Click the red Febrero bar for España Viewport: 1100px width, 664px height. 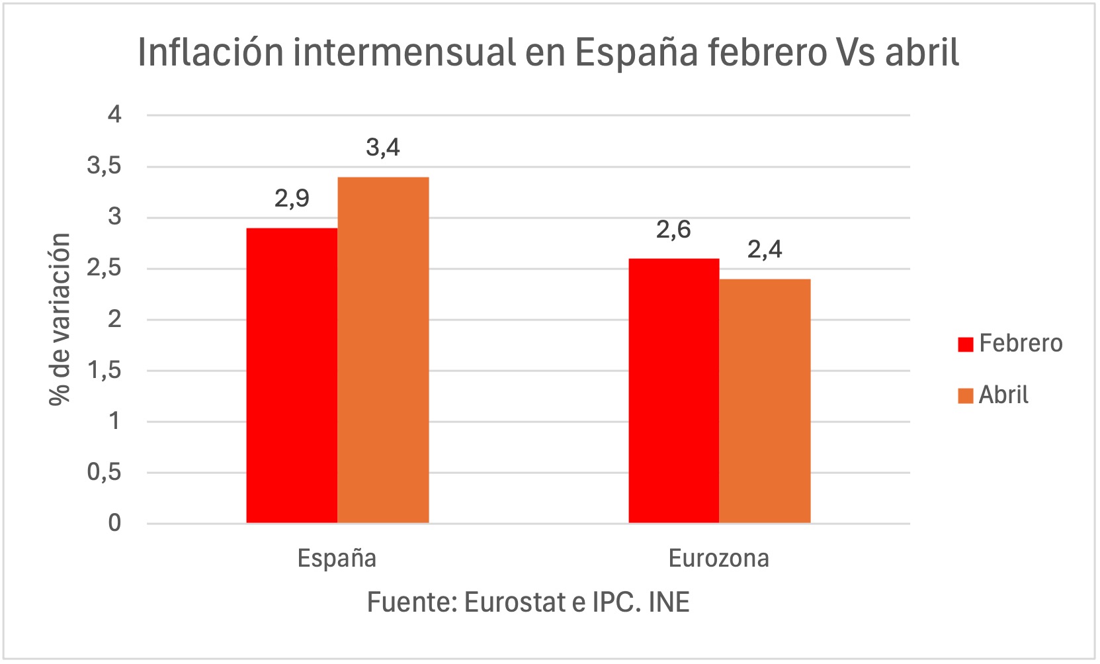click(292, 375)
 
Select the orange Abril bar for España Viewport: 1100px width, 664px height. click(383, 350)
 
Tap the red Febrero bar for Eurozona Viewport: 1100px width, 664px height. click(673, 391)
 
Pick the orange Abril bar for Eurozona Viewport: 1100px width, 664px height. click(765, 401)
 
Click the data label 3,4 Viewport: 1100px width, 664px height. click(383, 147)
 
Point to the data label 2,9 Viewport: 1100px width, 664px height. click(292, 198)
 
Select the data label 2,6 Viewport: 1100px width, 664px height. click(673, 229)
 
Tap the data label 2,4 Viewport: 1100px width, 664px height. click(765, 250)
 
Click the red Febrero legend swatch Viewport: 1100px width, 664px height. click(965, 344)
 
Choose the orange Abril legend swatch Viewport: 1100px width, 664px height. click(965, 396)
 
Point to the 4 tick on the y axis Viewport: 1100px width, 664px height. click(115, 115)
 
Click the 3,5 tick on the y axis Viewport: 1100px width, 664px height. click(105, 166)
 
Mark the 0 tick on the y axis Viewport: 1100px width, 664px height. click(115, 523)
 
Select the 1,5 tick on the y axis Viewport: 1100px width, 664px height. click(105, 370)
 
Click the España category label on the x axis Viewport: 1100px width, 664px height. click(337, 558)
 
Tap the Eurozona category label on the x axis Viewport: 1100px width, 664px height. click(719, 558)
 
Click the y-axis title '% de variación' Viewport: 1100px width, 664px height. click(60, 319)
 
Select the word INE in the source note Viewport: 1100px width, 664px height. click(669, 602)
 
